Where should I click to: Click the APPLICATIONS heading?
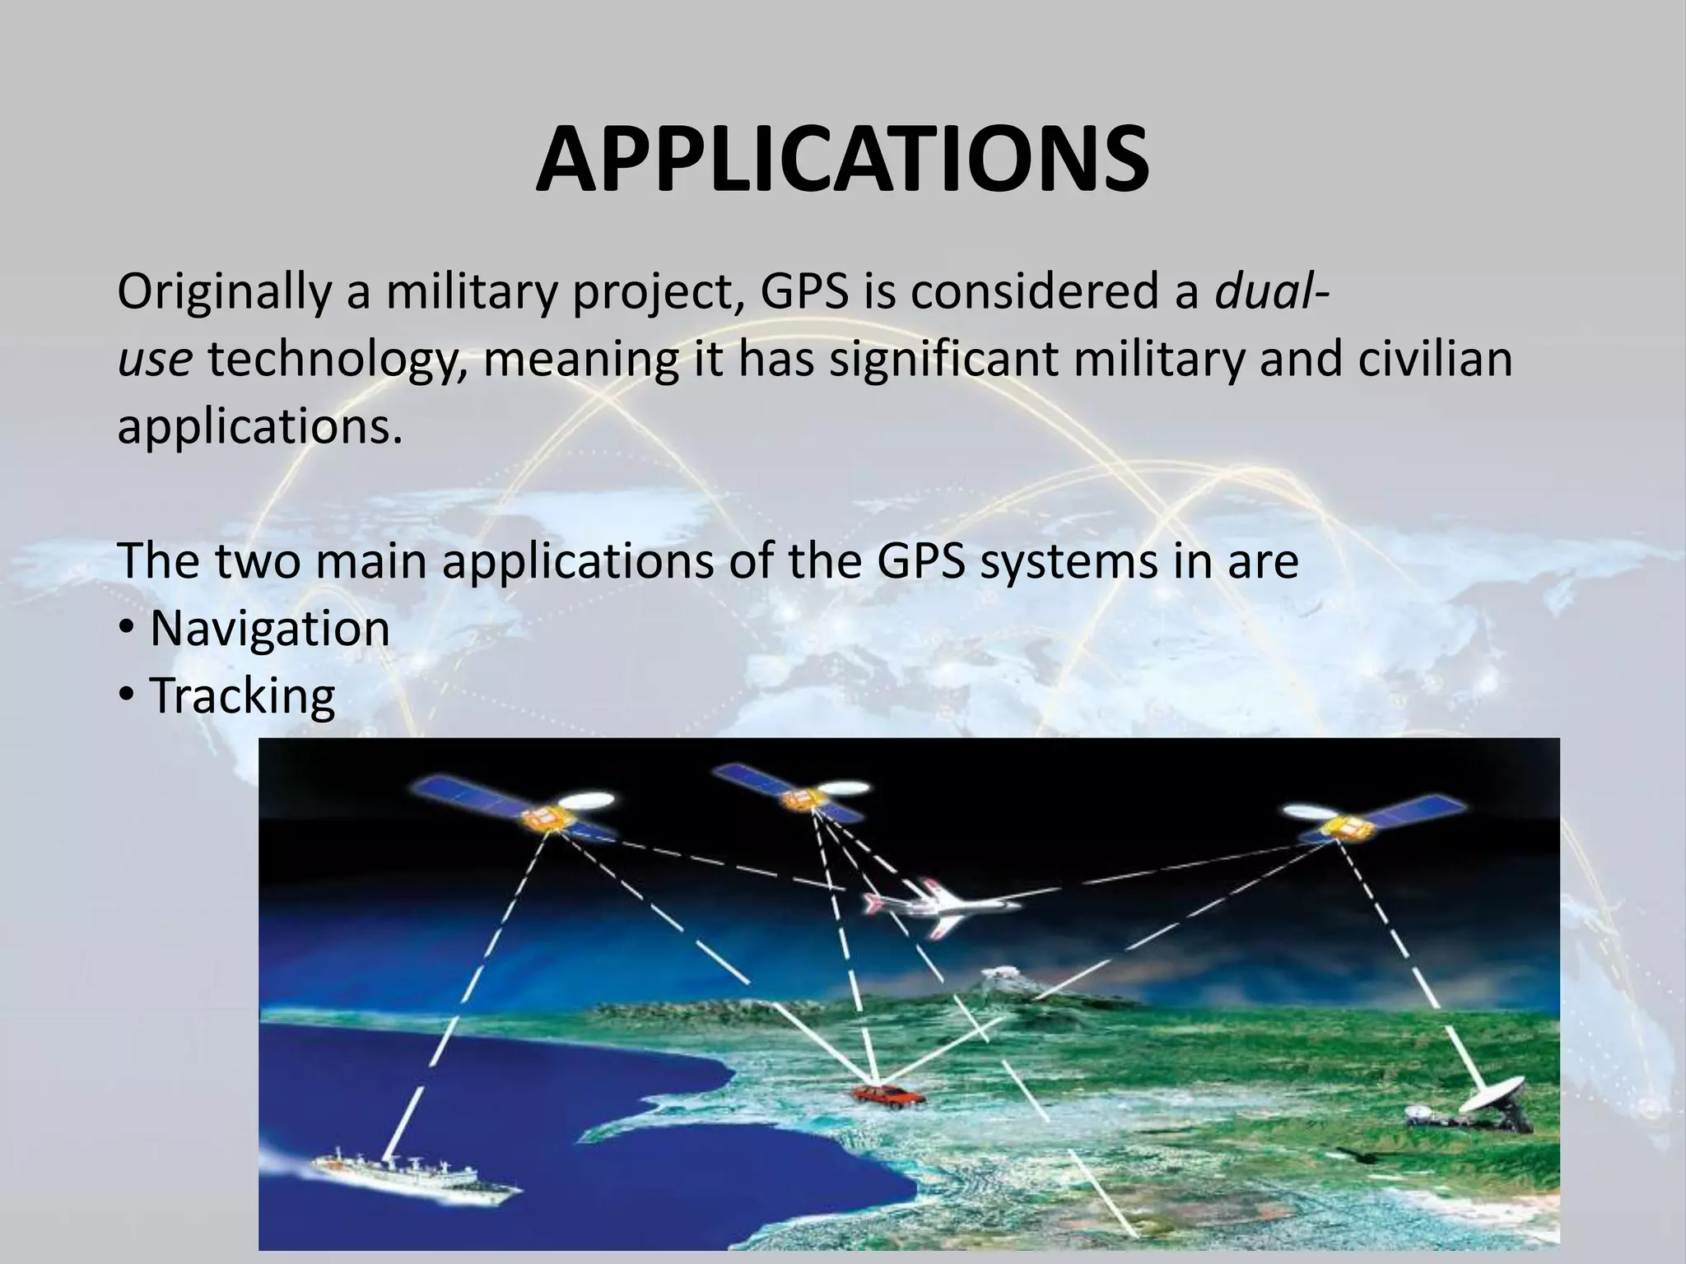[x=842, y=160]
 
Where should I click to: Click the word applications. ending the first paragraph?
[x=260, y=427]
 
